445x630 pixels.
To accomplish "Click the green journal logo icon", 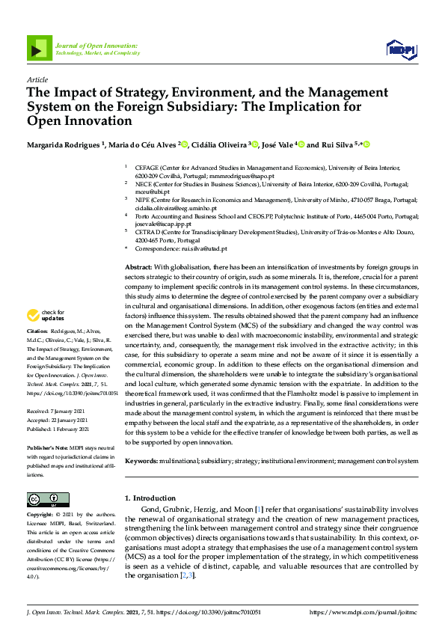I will coord(37,49).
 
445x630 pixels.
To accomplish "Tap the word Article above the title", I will coord(36,79).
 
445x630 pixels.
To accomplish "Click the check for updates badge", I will coord(46,316).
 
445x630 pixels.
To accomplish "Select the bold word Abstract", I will coord(138,267).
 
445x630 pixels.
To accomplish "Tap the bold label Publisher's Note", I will coord(46,447).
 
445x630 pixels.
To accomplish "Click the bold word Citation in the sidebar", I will coord(37,330).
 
